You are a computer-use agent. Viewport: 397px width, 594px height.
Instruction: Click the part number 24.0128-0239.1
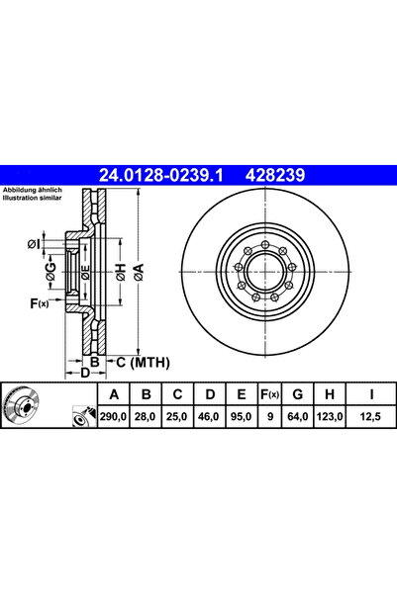[x=162, y=175]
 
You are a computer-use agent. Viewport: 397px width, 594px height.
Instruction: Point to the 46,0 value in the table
[x=209, y=418]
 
